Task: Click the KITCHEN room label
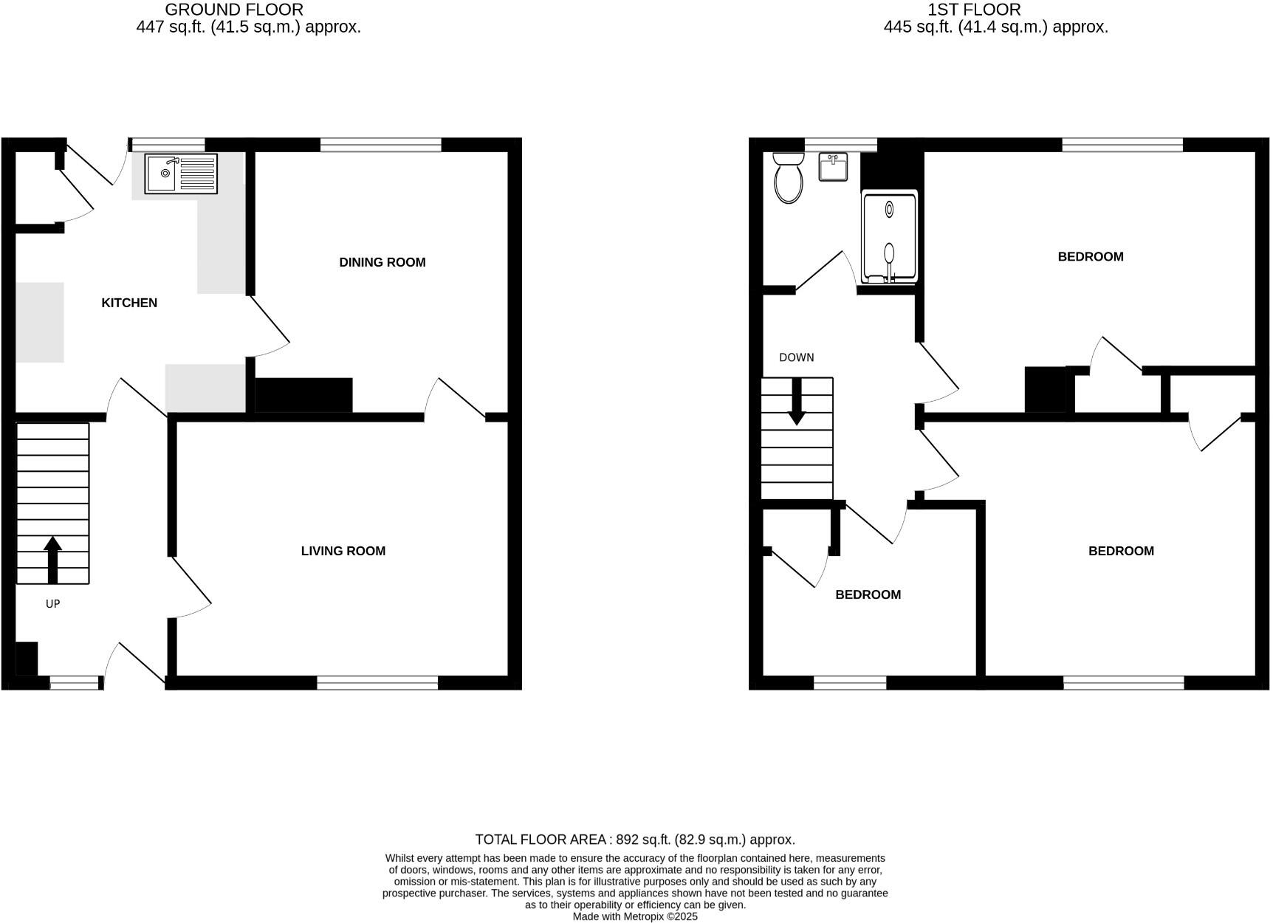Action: coord(129,303)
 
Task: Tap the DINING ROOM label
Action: coord(382,262)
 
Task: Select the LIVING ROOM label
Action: coord(343,551)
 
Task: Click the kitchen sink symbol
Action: coord(181,174)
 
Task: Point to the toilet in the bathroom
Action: coord(788,177)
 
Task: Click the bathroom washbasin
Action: coord(833,167)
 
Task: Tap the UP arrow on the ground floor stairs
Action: coord(52,560)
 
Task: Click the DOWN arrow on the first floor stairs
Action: coord(797,402)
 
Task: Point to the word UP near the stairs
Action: coord(52,604)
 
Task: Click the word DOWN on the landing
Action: coord(797,357)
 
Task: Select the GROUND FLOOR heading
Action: coord(234,10)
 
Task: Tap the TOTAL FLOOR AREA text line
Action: coord(635,840)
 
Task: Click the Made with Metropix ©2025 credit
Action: coord(635,916)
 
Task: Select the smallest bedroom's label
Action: coord(868,594)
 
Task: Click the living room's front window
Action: coord(377,683)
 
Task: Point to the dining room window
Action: coord(381,145)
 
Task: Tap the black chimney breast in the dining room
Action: coord(303,395)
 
